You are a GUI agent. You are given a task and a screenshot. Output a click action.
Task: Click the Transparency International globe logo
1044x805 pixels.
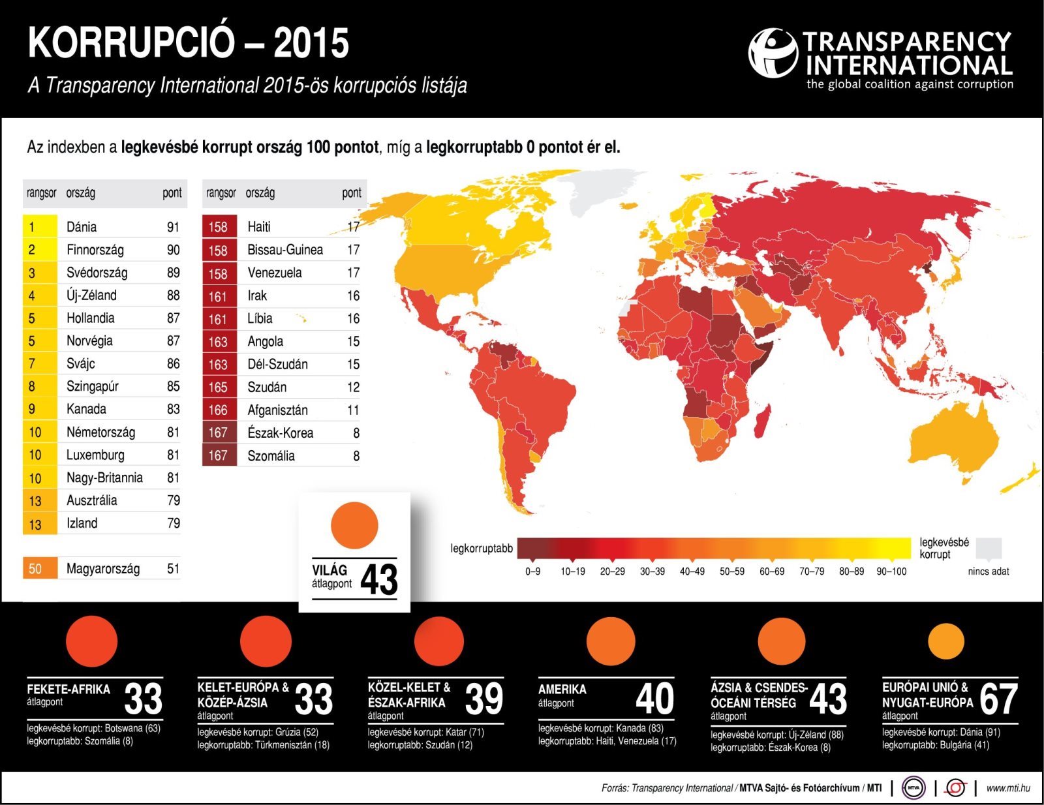pyautogui.click(x=773, y=53)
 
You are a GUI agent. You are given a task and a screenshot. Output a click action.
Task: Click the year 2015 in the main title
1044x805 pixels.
pyautogui.click(x=311, y=44)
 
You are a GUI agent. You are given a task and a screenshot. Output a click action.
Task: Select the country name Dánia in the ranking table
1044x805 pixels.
pyautogui.click(x=82, y=227)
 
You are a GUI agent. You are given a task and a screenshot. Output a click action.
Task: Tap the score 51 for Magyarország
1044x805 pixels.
pyautogui.click(x=173, y=569)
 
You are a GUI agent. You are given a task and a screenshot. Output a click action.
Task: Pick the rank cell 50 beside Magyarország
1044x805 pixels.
pyautogui.click(x=35, y=569)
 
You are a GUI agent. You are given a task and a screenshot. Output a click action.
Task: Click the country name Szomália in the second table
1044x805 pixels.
pyautogui.click(x=271, y=456)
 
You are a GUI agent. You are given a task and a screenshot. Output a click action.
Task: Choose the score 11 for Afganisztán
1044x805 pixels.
pyautogui.click(x=353, y=410)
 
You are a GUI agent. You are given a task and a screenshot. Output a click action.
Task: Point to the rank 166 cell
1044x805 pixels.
pyautogui.click(x=218, y=410)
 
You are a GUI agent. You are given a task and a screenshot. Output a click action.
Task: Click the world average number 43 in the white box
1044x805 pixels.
pyautogui.click(x=378, y=579)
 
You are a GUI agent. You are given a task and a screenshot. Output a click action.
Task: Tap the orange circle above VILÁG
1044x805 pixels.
pyautogui.click(x=354, y=525)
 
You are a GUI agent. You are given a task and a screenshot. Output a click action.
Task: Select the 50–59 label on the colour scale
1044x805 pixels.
pyautogui.click(x=732, y=571)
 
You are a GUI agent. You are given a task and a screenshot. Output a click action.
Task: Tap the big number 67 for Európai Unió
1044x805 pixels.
pyautogui.click(x=998, y=699)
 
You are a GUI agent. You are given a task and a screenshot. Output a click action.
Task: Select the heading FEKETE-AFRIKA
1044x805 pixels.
pyautogui.click(x=69, y=690)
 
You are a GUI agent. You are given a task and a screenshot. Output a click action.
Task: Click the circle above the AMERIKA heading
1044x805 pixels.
pyautogui.click(x=611, y=641)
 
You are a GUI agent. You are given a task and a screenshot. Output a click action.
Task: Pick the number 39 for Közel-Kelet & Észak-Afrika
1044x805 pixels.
pyautogui.click(x=484, y=699)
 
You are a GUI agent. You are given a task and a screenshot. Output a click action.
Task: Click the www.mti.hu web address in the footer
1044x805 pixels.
pyautogui.click(x=1007, y=788)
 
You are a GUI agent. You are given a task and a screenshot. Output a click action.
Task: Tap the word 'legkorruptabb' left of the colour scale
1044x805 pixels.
pyautogui.click(x=482, y=549)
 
